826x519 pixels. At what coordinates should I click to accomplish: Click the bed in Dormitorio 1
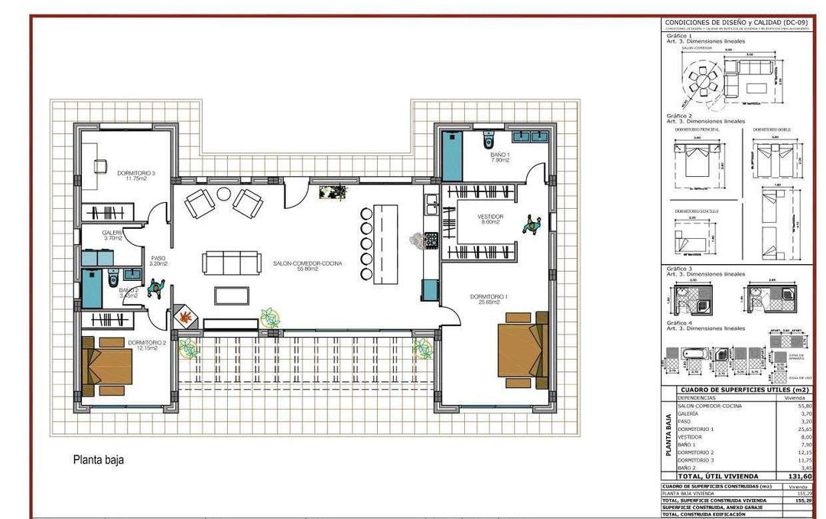(522, 349)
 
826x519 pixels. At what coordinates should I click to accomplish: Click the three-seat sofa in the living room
(232, 263)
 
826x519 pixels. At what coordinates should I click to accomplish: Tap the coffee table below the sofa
(232, 295)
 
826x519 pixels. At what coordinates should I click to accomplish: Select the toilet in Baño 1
(489, 139)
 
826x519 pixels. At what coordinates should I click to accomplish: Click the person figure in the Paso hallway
(157, 288)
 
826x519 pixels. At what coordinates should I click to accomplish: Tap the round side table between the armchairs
(223, 194)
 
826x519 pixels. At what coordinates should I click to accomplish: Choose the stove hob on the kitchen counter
(431, 240)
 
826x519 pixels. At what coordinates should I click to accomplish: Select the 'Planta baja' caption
(98, 460)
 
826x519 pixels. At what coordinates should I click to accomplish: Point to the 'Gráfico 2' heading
(678, 116)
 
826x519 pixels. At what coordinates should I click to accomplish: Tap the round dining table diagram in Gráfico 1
(701, 78)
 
